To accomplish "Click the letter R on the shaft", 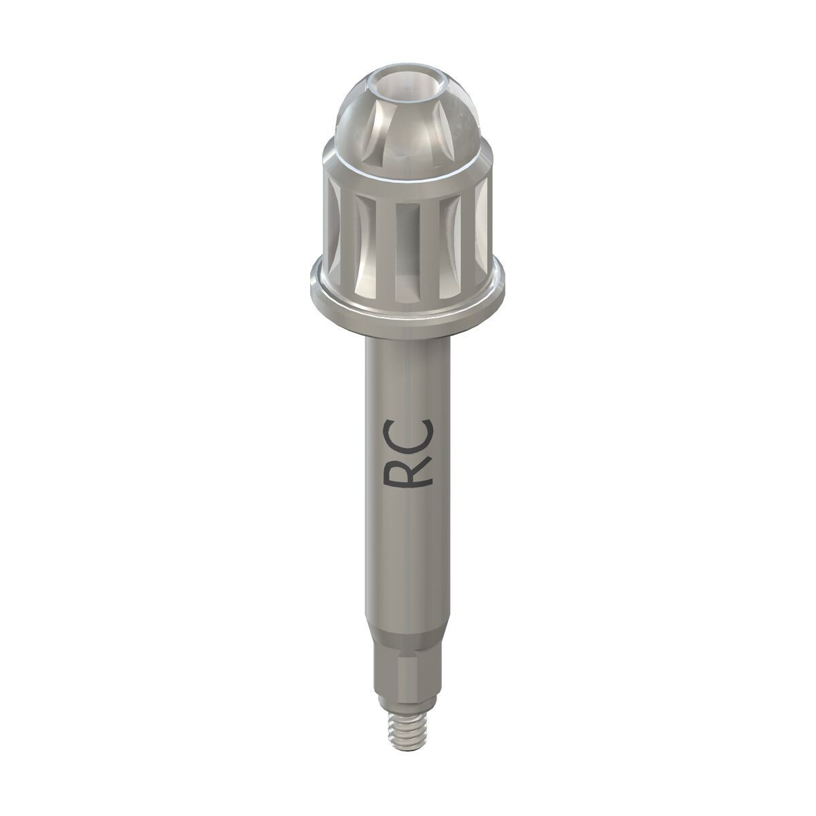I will [x=407, y=475].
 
